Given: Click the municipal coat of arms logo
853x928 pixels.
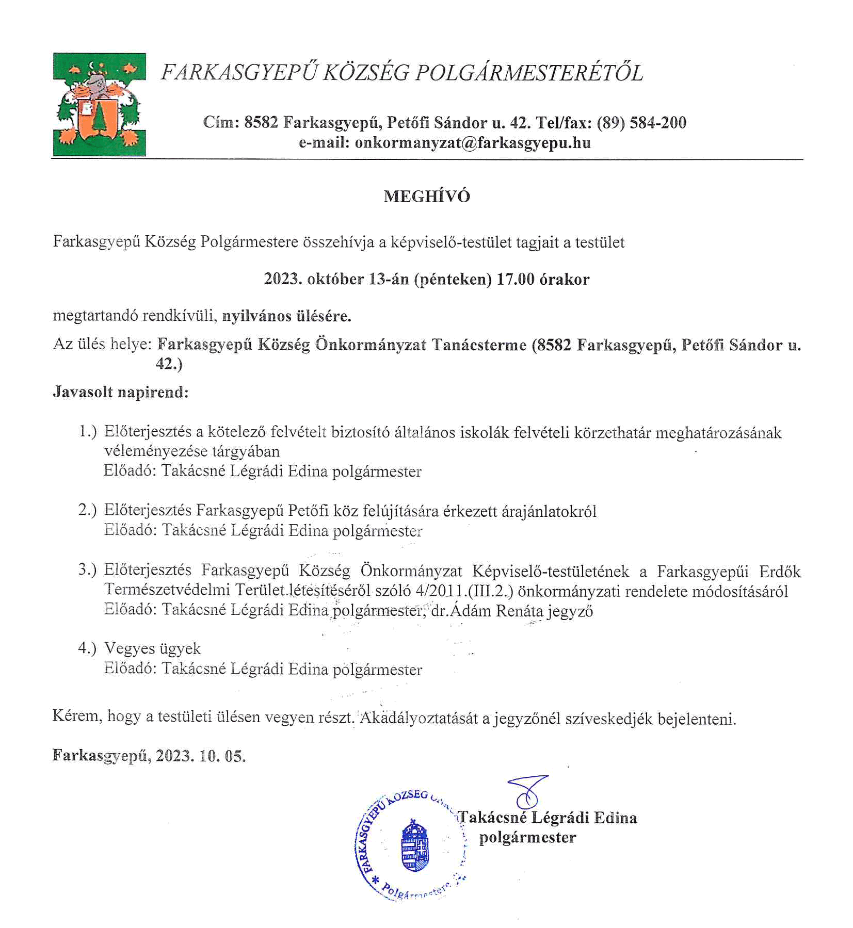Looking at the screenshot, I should coord(99,104).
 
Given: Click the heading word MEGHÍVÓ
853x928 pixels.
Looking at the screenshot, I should coord(427,197).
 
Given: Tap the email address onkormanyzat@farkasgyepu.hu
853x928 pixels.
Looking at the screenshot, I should coord(473,142).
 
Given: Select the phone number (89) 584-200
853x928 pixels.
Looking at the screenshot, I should coord(641,122).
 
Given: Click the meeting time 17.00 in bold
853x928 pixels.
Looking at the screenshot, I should coord(516,279).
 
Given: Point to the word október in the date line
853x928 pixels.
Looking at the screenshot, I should coord(335,279).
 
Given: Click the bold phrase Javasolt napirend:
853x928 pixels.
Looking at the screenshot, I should coord(121,392).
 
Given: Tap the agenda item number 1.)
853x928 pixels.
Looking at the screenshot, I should coord(88,431).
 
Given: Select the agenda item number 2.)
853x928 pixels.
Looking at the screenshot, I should coord(88,510).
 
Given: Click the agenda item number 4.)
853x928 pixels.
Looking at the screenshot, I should coord(88,648).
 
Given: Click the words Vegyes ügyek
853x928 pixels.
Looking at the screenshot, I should coord(152,648).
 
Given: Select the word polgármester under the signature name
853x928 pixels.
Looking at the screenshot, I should coord(527,837).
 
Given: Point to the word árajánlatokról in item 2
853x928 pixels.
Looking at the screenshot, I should coord(549,511).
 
